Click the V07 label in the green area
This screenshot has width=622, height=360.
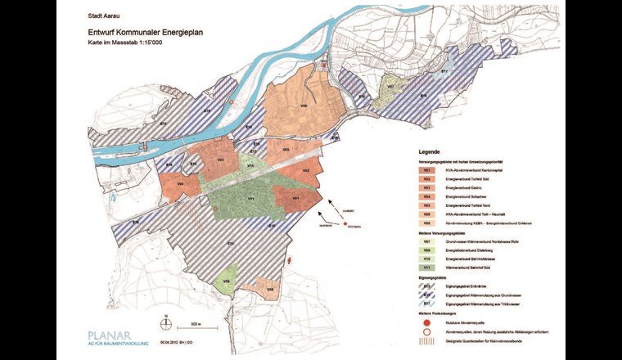coord(391,85)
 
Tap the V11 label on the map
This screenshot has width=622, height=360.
coord(251,199)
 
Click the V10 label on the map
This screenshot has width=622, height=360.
coord(250,164)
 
